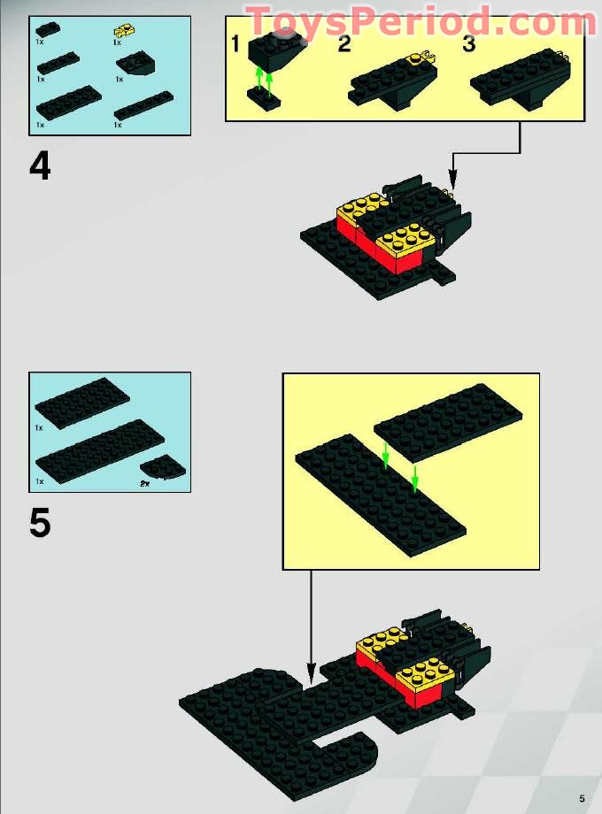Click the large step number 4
tap(40, 166)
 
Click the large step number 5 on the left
tap(40, 523)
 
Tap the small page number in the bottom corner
tap(582, 797)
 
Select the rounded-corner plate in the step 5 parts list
tap(159, 465)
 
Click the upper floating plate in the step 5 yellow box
tap(448, 422)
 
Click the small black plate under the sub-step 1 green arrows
tap(264, 103)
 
